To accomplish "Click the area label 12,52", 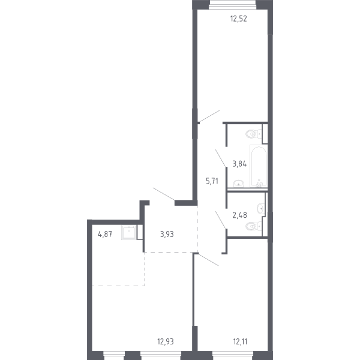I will [239, 18].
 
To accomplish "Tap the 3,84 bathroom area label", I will [239, 163].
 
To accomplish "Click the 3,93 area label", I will [167, 234].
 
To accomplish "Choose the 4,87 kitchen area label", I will [105, 234].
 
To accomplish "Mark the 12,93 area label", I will [166, 342].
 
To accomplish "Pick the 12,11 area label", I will [239, 342].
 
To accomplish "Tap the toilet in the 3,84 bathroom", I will [253, 134].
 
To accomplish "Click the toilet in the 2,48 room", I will [254, 227].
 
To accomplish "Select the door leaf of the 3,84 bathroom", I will [221, 158].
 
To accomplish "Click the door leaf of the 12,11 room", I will [208, 259].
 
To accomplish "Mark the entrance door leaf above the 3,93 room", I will [164, 194].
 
